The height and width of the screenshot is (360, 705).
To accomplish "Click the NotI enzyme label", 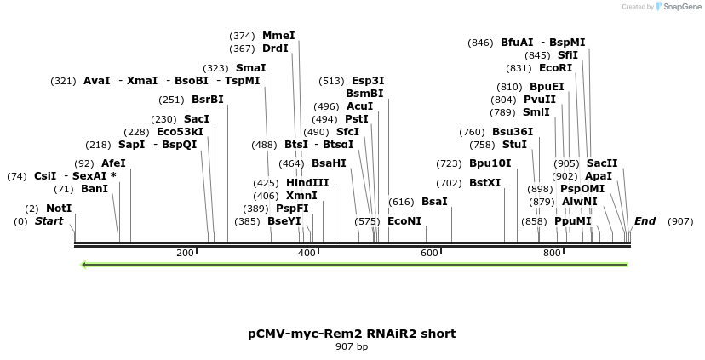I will tap(59, 209).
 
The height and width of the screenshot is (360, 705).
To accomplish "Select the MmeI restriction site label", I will tap(278, 36).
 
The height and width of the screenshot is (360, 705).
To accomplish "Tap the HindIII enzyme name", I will tap(307, 183).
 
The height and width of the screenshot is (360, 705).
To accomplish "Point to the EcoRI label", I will tap(555, 68).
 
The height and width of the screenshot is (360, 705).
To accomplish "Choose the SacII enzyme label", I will tap(602, 163).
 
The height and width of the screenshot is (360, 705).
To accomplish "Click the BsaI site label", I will tap(434, 202).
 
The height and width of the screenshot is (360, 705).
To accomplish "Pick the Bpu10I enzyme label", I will tap(490, 163).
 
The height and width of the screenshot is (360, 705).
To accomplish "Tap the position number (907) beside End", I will tap(680, 221).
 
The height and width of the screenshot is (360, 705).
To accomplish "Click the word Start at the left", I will tap(49, 221).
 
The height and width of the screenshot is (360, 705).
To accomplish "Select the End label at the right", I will tap(645, 221).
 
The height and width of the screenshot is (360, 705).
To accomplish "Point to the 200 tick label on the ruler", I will tap(185, 253).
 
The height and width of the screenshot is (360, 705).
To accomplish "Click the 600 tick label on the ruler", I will tap(429, 253).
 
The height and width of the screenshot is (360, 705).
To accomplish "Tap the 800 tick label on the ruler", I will tap(551, 253).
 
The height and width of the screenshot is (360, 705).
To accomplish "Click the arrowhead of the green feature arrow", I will tap(83, 265).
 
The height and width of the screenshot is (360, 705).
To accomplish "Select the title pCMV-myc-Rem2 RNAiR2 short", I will tap(352, 334).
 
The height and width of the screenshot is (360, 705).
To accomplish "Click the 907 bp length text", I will tap(352, 346).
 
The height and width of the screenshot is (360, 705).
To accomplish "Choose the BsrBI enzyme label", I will tap(208, 100).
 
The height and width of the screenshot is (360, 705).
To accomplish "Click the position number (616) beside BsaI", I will tap(401, 202).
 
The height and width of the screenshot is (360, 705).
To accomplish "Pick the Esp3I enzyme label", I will tap(368, 81).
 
